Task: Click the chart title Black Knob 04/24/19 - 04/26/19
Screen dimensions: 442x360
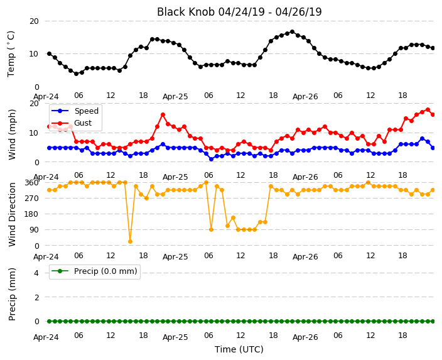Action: point(239,12)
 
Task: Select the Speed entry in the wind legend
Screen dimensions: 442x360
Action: point(75,111)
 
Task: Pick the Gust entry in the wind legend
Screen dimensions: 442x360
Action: point(72,123)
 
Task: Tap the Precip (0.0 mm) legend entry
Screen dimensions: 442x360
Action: point(94,271)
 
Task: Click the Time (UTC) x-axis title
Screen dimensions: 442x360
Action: point(239,349)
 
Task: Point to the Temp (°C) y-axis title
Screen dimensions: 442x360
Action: point(11,54)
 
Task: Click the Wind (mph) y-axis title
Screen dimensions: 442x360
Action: point(12,134)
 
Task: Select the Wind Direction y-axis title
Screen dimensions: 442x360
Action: point(12,214)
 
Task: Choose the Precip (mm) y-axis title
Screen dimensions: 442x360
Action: point(12,294)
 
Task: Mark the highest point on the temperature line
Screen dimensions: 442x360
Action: point(293,32)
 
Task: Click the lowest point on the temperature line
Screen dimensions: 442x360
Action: point(76,74)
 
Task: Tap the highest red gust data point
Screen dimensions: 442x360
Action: point(428,110)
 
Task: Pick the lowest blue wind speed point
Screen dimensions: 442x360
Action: point(211,159)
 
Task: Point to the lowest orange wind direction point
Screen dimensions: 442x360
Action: point(130,241)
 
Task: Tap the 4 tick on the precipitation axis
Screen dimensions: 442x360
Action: point(36,273)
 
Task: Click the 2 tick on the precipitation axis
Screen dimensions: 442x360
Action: point(36,297)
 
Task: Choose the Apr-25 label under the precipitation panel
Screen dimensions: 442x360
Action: point(175,337)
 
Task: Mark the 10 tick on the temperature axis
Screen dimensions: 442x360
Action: point(34,54)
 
